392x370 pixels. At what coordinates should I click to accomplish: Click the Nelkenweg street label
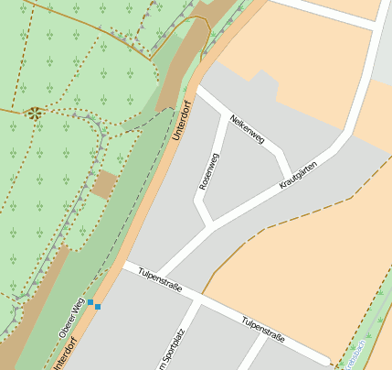[247, 131]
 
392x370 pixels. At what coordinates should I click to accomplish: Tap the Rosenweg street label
[208, 171]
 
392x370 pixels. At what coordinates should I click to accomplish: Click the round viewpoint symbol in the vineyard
[34, 114]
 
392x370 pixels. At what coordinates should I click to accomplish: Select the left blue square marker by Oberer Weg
[90, 301]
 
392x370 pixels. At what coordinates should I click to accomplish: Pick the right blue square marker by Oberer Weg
[98, 306]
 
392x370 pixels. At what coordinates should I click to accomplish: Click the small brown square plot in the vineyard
[104, 184]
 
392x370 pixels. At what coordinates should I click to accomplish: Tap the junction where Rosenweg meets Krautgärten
[211, 223]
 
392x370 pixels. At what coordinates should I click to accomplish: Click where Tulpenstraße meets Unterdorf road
[126, 265]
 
